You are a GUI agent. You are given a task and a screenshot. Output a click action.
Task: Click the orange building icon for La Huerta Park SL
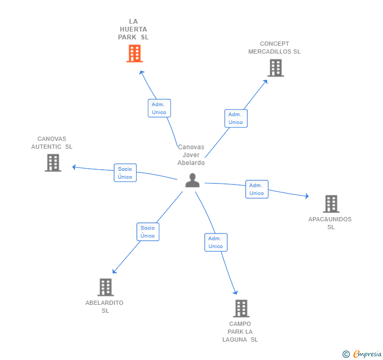click(x=135, y=54)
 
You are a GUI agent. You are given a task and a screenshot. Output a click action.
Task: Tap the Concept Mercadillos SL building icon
click(x=275, y=68)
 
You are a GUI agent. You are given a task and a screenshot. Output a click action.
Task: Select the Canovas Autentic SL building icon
click(x=53, y=163)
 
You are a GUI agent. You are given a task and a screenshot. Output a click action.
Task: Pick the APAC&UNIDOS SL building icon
click(x=331, y=204)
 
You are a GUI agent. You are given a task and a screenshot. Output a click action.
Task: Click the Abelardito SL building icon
click(x=106, y=287)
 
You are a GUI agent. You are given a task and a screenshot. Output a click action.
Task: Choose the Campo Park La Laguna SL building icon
click(x=241, y=308)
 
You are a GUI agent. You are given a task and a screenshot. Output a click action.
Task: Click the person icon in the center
click(x=193, y=180)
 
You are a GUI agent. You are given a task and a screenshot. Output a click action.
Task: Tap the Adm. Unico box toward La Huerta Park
click(x=159, y=108)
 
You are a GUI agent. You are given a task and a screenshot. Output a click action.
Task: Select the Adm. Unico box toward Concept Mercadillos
click(x=236, y=118)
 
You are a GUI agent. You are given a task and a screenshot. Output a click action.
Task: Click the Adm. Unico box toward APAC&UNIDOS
click(x=257, y=189)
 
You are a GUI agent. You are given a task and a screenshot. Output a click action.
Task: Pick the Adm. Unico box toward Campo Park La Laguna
click(x=216, y=242)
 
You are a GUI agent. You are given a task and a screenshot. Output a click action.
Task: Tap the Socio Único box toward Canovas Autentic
click(x=125, y=173)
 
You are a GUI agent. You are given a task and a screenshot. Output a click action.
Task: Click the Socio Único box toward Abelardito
click(x=148, y=232)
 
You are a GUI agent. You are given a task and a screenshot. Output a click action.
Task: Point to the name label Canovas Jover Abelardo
click(x=191, y=155)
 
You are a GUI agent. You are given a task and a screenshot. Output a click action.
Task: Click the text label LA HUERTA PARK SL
click(x=133, y=29)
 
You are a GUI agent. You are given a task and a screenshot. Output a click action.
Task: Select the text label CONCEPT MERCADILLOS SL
click(x=275, y=48)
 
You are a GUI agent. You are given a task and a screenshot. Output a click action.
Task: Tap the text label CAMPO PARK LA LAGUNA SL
click(x=240, y=332)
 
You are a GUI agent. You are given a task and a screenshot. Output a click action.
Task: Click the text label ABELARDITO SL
click(x=105, y=306)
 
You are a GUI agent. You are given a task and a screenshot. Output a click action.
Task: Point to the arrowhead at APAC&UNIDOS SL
click(x=306, y=197)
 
